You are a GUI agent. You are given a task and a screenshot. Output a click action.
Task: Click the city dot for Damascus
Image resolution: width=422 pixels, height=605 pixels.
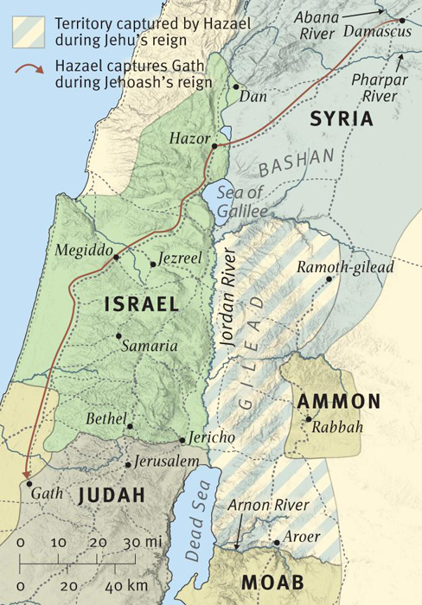point(402,19)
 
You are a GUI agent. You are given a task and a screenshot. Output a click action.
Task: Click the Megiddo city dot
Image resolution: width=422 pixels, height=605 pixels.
point(115,258)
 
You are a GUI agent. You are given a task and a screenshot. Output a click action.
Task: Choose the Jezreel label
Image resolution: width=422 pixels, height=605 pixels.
point(178,258)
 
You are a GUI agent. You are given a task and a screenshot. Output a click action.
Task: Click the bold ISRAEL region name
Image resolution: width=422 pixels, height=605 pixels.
point(141,304)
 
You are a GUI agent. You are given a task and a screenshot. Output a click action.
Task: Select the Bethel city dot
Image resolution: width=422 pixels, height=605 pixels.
point(130,425)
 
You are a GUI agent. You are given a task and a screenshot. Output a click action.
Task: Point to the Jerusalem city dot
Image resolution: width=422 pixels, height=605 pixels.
point(128,465)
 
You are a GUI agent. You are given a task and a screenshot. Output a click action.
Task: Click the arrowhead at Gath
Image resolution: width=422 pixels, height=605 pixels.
point(26,474)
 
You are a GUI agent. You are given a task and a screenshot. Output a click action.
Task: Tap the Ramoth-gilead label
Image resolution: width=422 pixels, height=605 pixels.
point(345,267)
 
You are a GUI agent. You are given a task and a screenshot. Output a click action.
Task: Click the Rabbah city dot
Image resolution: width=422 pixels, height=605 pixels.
point(308,419)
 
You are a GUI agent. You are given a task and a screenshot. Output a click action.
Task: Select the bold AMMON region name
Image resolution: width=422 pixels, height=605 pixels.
point(338,401)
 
